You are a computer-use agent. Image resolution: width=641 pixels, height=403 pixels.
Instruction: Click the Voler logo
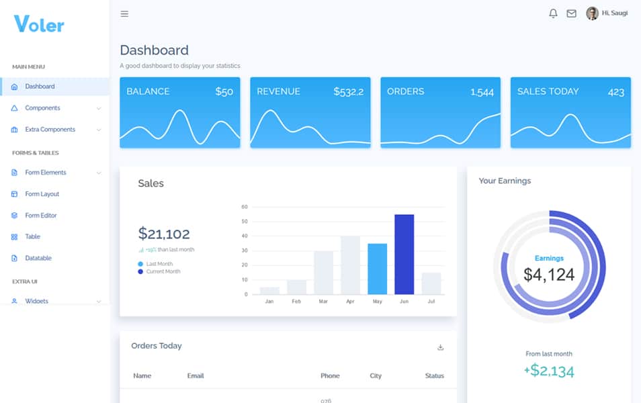click(39, 25)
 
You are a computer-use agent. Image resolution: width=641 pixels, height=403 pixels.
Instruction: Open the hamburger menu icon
click(124, 13)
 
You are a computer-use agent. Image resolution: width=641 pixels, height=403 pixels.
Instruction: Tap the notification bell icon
click(553, 13)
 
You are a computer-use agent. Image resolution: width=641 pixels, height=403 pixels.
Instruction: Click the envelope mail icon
click(571, 13)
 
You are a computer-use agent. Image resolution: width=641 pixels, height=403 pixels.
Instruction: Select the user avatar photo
click(592, 13)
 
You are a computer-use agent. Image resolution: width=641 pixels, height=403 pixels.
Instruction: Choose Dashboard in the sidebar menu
click(40, 87)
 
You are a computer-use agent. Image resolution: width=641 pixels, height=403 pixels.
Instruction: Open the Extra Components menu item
click(50, 130)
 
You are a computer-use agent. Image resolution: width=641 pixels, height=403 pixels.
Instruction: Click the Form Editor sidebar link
click(41, 216)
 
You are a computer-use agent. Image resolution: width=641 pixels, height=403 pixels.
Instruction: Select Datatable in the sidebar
click(38, 259)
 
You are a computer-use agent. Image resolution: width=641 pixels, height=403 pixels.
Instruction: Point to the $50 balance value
click(224, 91)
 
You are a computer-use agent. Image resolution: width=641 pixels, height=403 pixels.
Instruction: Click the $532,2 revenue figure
click(348, 91)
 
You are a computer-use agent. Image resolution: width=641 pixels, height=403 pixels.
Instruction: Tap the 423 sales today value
click(615, 92)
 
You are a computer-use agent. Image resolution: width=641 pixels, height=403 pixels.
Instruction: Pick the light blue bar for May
click(377, 269)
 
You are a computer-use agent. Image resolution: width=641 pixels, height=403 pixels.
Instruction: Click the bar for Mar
click(323, 272)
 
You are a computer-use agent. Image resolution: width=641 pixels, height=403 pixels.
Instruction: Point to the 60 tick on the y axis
click(245, 207)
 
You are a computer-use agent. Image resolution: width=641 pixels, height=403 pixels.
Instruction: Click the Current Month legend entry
click(163, 271)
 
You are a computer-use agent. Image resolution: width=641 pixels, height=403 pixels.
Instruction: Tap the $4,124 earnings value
click(549, 274)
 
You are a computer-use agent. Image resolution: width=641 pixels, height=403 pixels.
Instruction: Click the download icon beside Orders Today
click(441, 347)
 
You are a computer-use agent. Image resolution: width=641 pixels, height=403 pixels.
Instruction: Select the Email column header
click(195, 375)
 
